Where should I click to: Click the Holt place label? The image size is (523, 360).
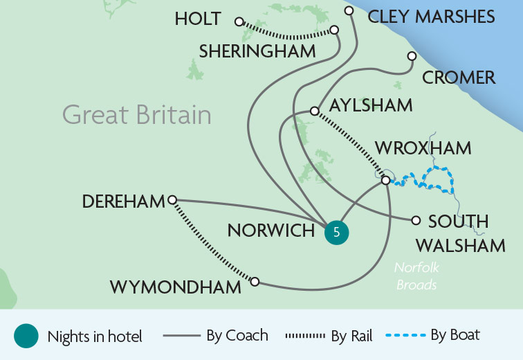click(198, 19)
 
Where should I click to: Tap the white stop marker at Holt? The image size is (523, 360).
click(239, 21)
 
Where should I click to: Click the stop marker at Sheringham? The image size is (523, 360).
click(335, 30)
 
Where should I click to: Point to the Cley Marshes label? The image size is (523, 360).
click(431, 17)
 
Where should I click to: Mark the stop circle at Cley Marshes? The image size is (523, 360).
click(349, 10)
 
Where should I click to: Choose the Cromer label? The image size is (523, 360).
click(459, 78)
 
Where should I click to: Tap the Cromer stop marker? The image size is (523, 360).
click(412, 56)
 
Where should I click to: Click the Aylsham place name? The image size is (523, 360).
click(371, 105)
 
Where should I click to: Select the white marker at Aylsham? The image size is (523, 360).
click(314, 111)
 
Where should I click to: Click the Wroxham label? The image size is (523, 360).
click(423, 147)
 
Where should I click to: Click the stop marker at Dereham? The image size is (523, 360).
click(172, 199)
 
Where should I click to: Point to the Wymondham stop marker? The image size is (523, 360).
click(255, 282)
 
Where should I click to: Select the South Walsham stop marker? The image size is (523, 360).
click(416, 221)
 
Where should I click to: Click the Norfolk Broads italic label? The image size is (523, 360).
click(417, 276)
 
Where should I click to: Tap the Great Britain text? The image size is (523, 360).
click(136, 114)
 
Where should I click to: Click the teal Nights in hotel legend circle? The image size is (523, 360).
click(26, 336)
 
